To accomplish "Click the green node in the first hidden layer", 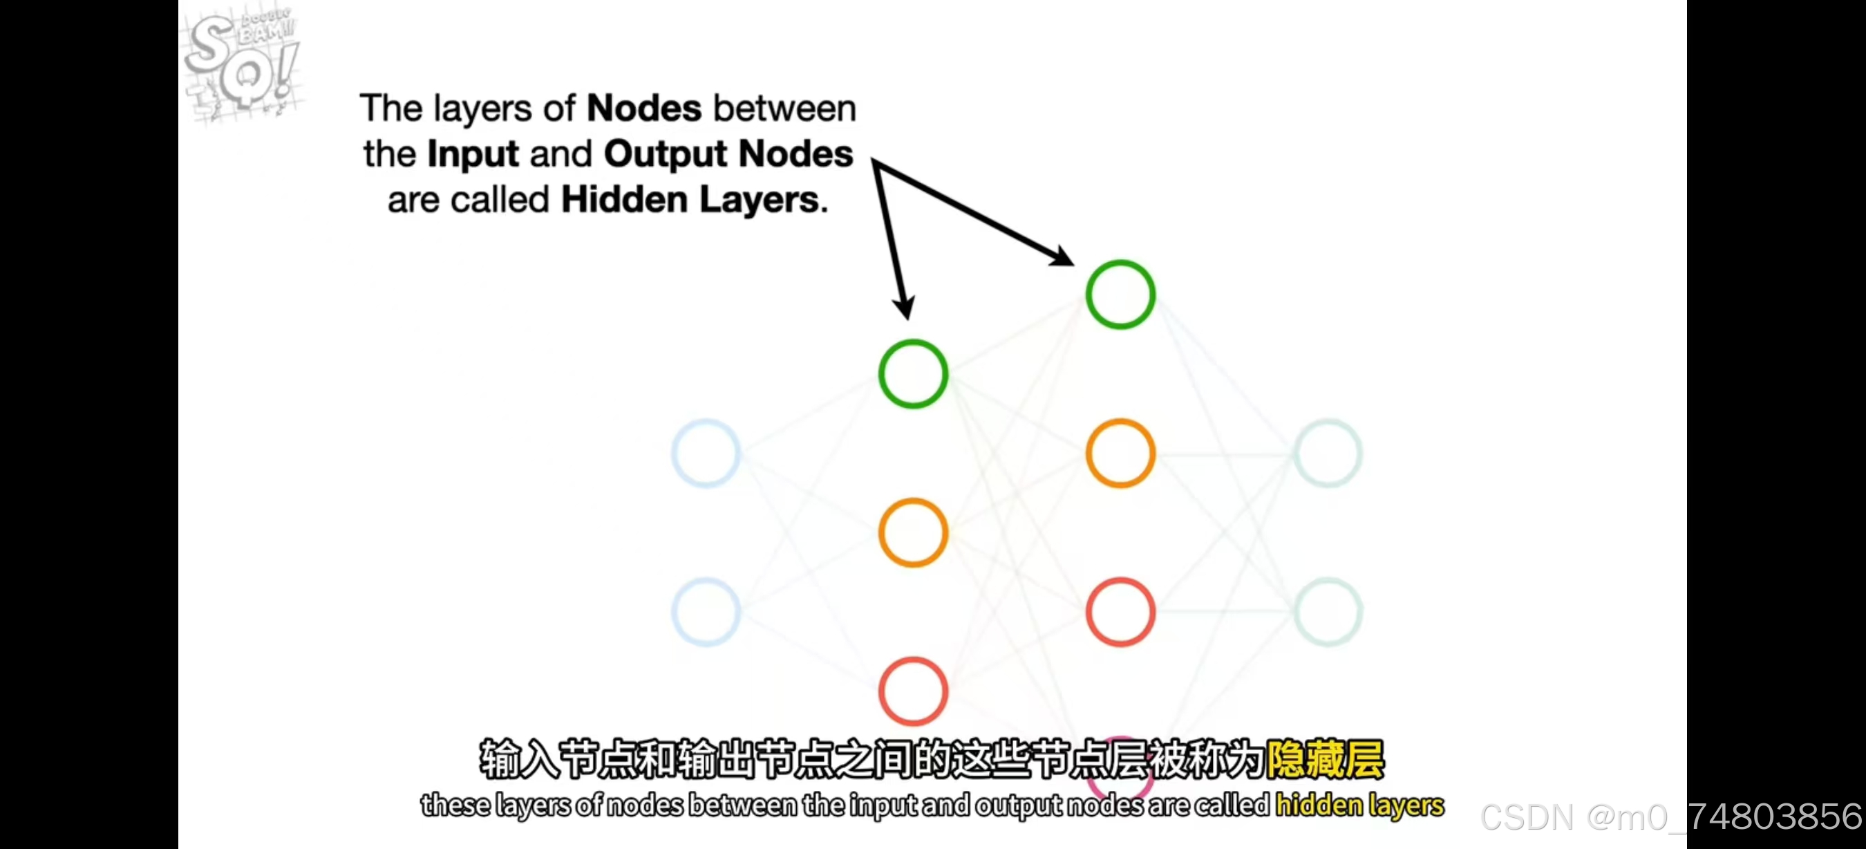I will pyautogui.click(x=913, y=374).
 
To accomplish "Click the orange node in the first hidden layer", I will pyautogui.click(x=913, y=532).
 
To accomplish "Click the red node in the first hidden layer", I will pyautogui.click(x=913, y=691).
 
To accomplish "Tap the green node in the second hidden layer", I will pyautogui.click(x=1120, y=294).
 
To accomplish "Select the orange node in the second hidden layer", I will pyautogui.click(x=1120, y=453).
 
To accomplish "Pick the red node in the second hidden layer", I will pyautogui.click(x=1120, y=612).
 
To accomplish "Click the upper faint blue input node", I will pyautogui.click(x=706, y=453).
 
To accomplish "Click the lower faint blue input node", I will pyautogui.click(x=706, y=612).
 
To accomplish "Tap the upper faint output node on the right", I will pyautogui.click(x=1328, y=453).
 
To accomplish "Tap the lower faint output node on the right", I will pyautogui.click(x=1328, y=612).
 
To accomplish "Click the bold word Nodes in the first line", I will pyautogui.click(x=643, y=109).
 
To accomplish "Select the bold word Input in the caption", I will pyautogui.click(x=473, y=154).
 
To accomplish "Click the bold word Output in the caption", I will pyautogui.click(x=665, y=154).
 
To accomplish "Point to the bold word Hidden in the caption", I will pyautogui.click(x=623, y=199).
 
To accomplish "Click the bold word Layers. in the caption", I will pyautogui.click(x=764, y=200).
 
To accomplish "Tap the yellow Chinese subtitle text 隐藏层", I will pyautogui.click(x=1325, y=759).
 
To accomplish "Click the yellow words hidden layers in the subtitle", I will pyautogui.click(x=1359, y=805).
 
